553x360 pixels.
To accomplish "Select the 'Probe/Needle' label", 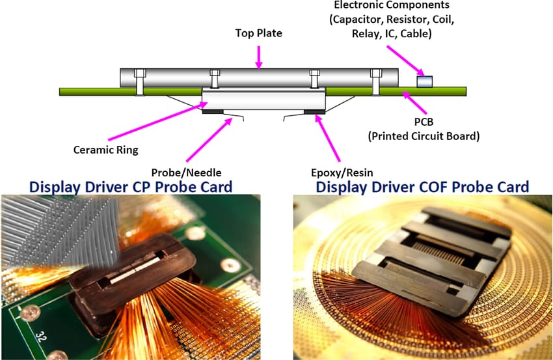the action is coord(187,171).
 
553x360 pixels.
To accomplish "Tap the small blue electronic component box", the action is coord(424,81).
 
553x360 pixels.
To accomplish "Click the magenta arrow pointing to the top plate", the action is coord(259,56).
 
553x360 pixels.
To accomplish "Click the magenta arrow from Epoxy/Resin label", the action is coord(329,137).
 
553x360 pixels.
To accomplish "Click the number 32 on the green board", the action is coord(40,338).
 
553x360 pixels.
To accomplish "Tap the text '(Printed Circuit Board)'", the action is coord(423,137).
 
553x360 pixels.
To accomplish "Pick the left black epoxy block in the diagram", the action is coord(213,111).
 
